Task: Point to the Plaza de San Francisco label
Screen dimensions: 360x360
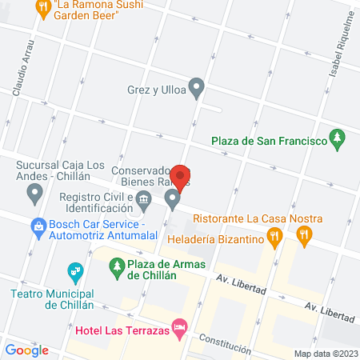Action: click(x=269, y=142)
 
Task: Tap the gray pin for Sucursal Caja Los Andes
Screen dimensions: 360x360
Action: click(x=34, y=192)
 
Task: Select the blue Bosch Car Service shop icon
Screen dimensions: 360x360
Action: click(x=38, y=226)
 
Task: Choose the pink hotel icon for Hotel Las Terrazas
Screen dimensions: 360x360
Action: click(x=181, y=326)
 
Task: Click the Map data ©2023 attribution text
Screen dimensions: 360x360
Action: click(x=326, y=354)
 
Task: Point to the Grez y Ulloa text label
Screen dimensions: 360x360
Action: click(x=155, y=90)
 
